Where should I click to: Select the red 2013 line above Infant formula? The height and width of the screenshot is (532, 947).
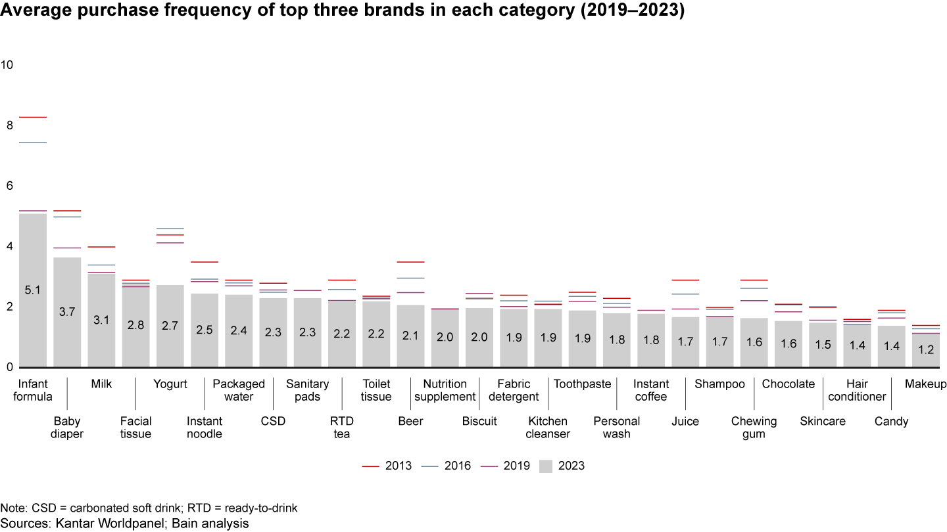(32, 117)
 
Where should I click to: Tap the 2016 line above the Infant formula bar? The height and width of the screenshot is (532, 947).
(32, 143)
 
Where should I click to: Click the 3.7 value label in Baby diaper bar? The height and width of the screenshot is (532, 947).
(67, 312)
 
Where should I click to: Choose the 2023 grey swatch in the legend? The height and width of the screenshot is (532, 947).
(546, 466)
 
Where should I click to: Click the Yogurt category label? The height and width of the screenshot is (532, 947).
(170, 384)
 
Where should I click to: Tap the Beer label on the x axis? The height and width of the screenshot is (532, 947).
(410, 422)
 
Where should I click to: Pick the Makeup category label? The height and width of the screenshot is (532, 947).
(925, 384)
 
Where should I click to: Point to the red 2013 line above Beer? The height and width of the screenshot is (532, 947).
(410, 262)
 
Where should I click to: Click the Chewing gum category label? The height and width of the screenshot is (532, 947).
(754, 428)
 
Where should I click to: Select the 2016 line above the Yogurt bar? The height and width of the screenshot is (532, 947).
(170, 229)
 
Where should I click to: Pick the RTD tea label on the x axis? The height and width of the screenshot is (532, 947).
(342, 428)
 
